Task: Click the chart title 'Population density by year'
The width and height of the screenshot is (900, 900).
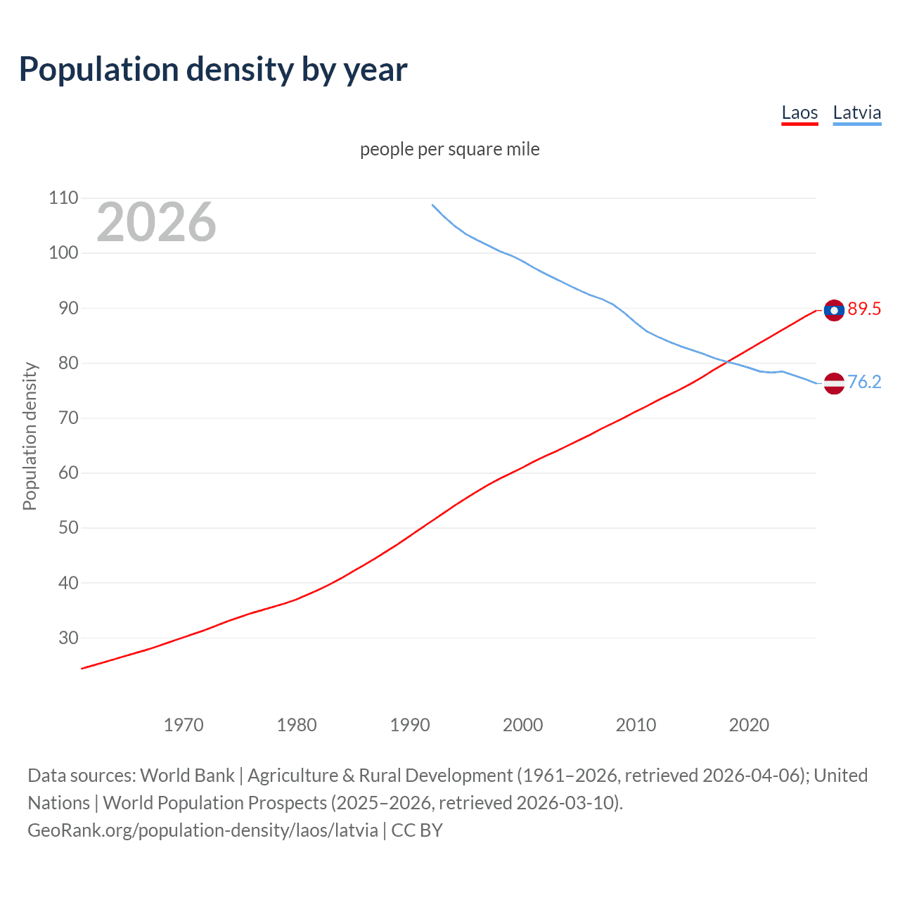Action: [x=213, y=70]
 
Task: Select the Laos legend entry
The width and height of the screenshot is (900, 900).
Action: [x=799, y=113]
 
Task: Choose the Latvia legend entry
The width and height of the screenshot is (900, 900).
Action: [x=856, y=113]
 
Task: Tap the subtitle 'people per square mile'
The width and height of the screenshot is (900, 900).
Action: [x=449, y=150]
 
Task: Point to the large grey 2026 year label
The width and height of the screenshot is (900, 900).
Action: [x=156, y=222]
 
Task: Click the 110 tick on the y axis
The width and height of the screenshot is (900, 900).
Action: [x=63, y=198]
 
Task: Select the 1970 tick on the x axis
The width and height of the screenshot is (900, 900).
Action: [x=184, y=725]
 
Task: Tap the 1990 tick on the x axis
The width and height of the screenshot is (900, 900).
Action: [x=410, y=725]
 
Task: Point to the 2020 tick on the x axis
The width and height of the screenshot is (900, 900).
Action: [x=749, y=725]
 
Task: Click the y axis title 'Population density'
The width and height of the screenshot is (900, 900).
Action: [x=30, y=436]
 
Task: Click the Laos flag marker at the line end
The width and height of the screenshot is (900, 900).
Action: [x=834, y=310]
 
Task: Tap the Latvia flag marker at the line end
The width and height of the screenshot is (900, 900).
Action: [x=834, y=383]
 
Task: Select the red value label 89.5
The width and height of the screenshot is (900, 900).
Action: [x=864, y=309]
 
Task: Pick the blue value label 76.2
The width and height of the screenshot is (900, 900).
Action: [x=864, y=382]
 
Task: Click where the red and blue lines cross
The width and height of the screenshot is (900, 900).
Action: [x=728, y=361]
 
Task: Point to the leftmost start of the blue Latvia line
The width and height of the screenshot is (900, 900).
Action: [x=432, y=205]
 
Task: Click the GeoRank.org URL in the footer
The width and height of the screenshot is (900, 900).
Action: [x=202, y=830]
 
